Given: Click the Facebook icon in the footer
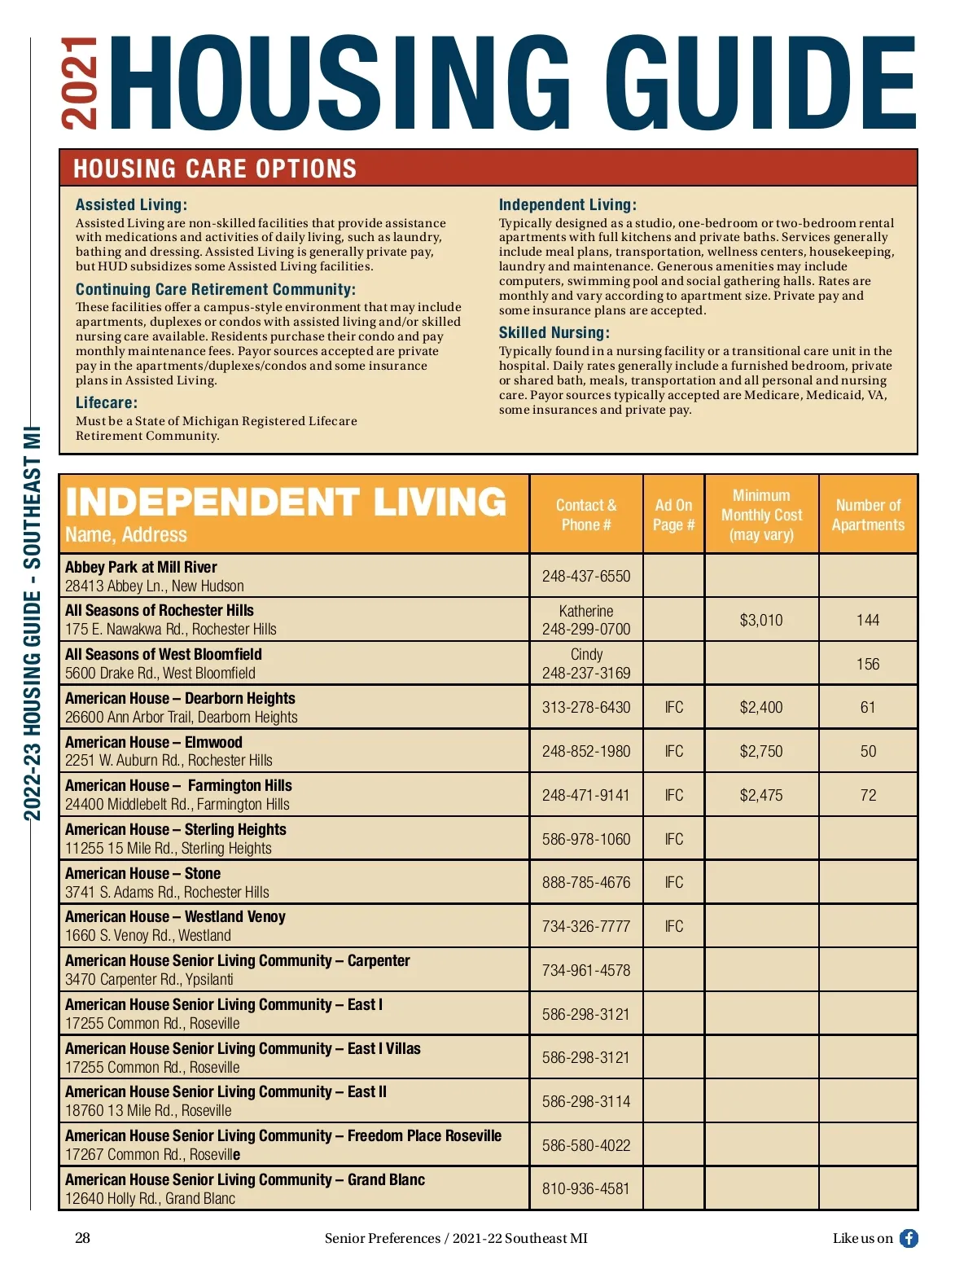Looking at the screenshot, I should click(x=909, y=1238).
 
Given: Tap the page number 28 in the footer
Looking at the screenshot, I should click(x=83, y=1238).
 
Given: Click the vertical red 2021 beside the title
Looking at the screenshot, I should click(x=79, y=83).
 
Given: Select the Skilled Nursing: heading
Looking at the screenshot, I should click(x=554, y=332).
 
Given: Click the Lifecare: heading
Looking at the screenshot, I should click(x=107, y=402).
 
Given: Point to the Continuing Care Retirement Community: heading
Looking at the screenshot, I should click(x=215, y=289).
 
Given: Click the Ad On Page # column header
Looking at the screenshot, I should click(x=673, y=515).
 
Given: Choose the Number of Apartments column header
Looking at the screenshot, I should click(x=868, y=515).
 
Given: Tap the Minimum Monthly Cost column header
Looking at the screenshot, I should click(x=761, y=515).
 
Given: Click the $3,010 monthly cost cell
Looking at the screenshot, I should click(x=761, y=620).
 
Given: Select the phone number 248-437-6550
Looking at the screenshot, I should click(x=586, y=576).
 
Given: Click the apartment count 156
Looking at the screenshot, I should click(x=868, y=664).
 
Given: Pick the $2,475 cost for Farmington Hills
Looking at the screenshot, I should click(x=761, y=795).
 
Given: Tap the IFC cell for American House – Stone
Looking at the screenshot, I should click(x=674, y=882).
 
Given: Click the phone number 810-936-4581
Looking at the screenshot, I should click(x=586, y=1188).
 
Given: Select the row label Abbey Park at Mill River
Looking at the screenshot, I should click(x=141, y=567).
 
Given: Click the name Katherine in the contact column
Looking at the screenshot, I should click(x=586, y=611).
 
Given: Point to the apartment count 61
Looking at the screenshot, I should click(x=868, y=707).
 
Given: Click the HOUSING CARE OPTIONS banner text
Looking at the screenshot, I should click(x=215, y=169).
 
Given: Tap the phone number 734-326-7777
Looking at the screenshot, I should click(x=586, y=926).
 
